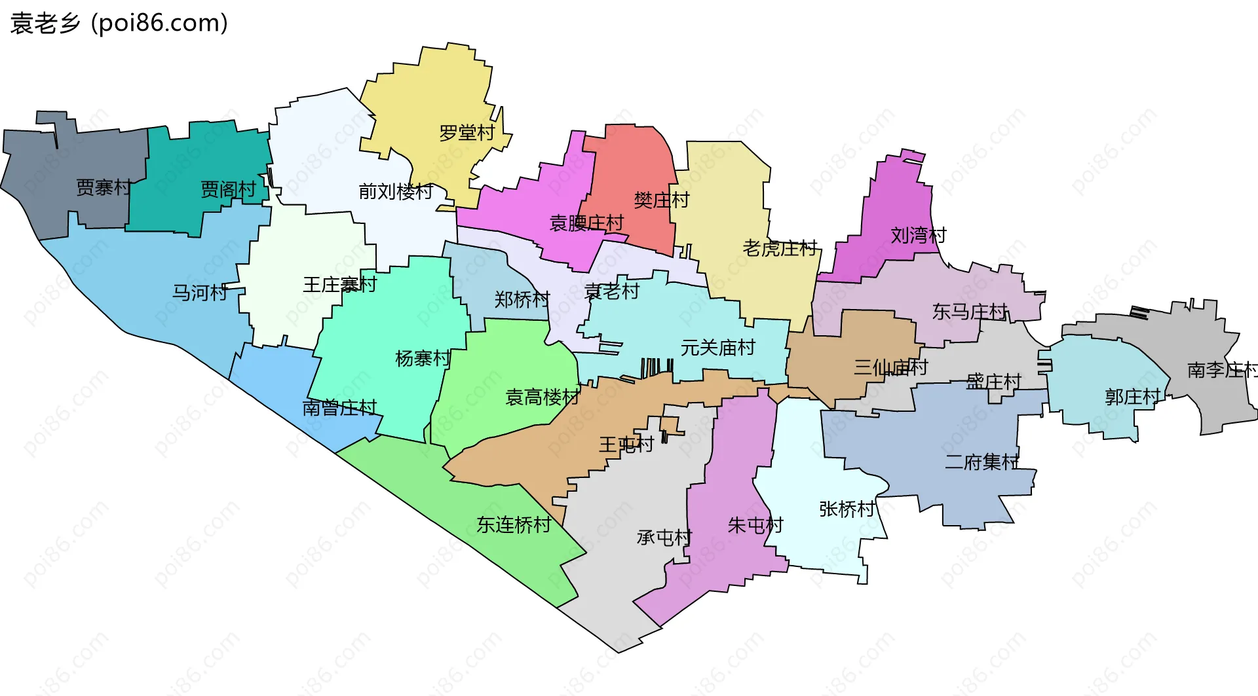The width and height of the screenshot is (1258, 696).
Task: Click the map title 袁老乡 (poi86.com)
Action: coord(119,24)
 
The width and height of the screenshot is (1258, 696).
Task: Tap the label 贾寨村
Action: coord(104,188)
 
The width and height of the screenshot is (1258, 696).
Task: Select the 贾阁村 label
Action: coord(228,190)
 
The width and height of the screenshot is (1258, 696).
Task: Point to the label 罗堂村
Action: coord(467,134)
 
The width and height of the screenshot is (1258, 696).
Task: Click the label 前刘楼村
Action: coord(396,192)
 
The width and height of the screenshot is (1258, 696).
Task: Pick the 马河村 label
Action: coord(200,293)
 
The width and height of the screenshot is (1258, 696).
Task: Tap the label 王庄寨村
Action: coord(339,285)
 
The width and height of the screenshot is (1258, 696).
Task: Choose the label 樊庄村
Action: coord(662,200)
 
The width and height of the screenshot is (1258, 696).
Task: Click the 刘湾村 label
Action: coord(919,236)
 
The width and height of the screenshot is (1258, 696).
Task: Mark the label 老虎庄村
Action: coord(780,249)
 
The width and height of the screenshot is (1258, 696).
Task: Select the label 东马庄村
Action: coord(970,312)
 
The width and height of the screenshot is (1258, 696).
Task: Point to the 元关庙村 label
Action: coord(718,348)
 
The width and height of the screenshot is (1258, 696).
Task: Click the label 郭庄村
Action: coord(1133,397)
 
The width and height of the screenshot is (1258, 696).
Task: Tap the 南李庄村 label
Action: coord(1222,371)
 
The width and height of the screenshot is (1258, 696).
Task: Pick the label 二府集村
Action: coord(982,462)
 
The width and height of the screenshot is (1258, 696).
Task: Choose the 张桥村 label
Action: coord(847,509)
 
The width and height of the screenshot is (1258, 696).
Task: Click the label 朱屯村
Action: coord(755,525)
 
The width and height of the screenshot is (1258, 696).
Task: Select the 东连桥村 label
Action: coord(514,525)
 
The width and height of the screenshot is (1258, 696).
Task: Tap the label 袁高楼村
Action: coord(543,397)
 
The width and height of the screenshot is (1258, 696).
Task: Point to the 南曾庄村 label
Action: coord(339,409)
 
